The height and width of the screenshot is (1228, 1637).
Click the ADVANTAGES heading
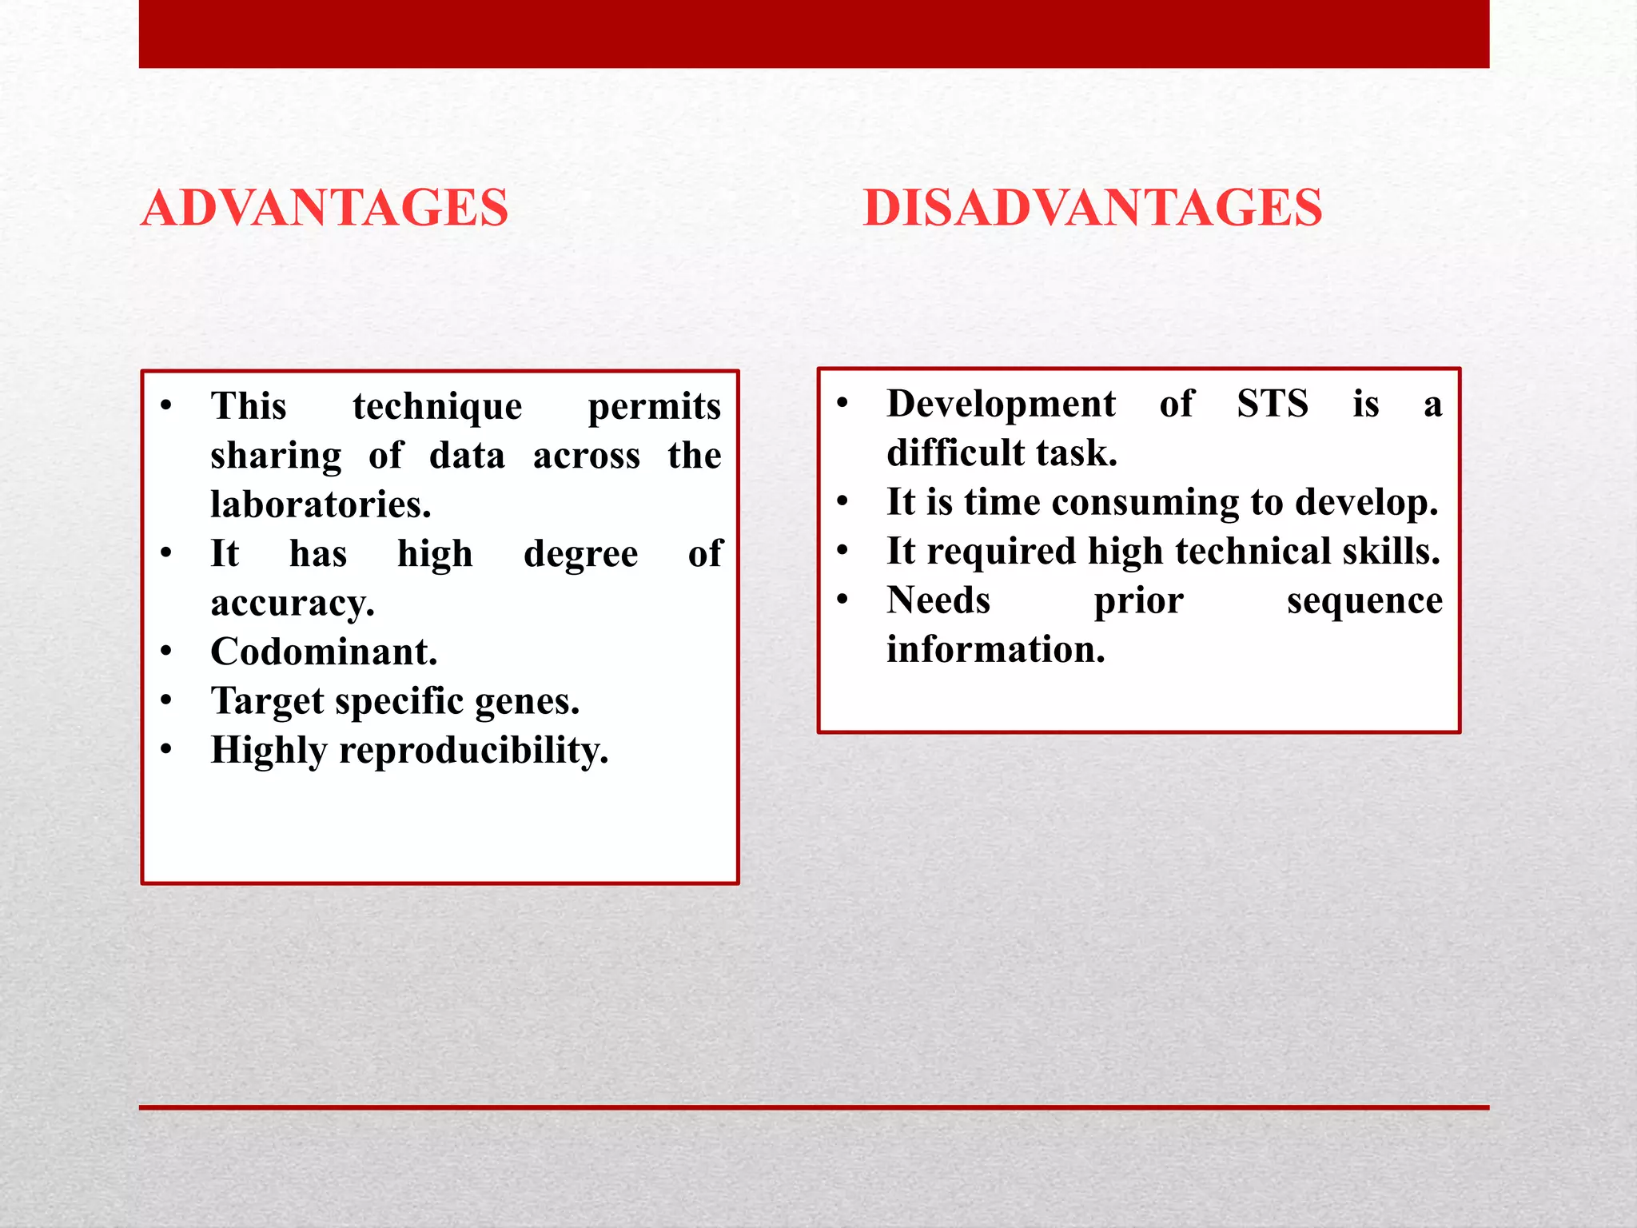325,208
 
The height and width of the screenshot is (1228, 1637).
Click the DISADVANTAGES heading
1092,208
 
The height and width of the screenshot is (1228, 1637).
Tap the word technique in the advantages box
437,407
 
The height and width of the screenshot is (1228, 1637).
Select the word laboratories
321,504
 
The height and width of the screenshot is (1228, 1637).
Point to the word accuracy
293,604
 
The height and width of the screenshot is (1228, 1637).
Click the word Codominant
324,652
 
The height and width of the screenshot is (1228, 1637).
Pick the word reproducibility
473,751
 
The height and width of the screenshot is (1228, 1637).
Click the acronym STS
1273,403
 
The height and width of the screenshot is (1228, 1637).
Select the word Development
1001,404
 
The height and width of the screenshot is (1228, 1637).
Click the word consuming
1145,503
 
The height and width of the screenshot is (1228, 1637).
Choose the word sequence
1364,601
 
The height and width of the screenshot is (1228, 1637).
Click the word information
996,649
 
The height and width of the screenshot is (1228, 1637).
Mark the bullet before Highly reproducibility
166,749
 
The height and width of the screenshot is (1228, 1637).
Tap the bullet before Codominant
166,651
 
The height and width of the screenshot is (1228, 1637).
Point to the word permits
654,407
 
